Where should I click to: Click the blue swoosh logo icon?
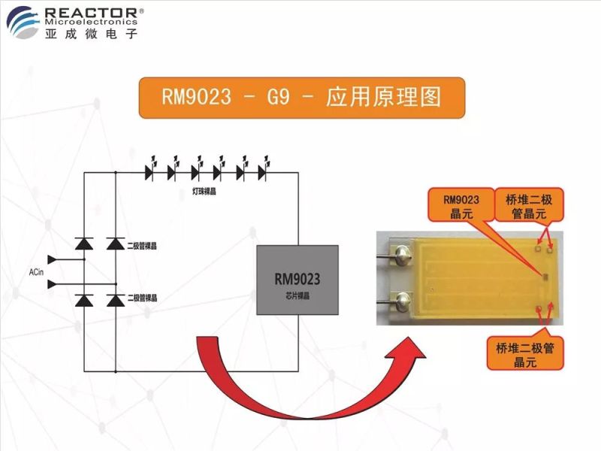coord(25,21)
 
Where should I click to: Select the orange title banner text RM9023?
coord(196,97)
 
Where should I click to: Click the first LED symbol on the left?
coord(149,171)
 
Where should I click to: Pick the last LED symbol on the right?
coord(263,171)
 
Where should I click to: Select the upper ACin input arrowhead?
coord(53,260)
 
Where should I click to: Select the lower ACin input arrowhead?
coord(53,284)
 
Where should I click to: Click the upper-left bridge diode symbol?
coord(83,244)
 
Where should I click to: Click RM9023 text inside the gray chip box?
coord(297,279)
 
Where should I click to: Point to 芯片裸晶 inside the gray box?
coord(297,297)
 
